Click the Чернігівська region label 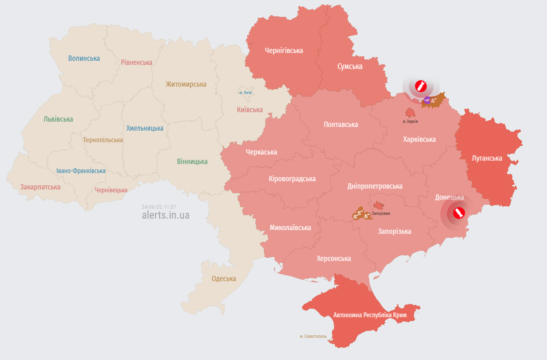click(x=284, y=51)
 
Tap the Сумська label click(x=350, y=66)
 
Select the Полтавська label click(x=341, y=125)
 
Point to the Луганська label click(x=487, y=158)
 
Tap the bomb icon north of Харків click(x=421, y=86)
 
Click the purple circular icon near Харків click(x=427, y=100)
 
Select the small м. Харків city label click(x=410, y=122)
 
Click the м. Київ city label click(x=245, y=93)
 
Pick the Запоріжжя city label click(x=381, y=214)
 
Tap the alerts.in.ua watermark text click(x=166, y=215)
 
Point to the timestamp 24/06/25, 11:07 click(x=159, y=207)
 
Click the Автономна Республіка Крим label click(x=370, y=315)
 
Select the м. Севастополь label click(x=313, y=336)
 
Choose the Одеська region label click(x=224, y=279)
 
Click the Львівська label click(x=58, y=119)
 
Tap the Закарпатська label click(x=40, y=187)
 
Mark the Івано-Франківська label click(x=81, y=171)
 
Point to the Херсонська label click(x=334, y=258)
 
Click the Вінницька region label click(x=192, y=162)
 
